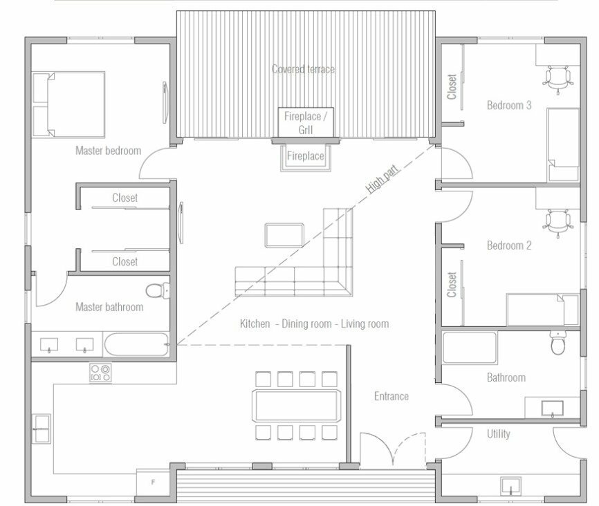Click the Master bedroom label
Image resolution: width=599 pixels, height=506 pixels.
[108, 151]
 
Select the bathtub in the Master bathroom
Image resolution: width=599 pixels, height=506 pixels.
[136, 344]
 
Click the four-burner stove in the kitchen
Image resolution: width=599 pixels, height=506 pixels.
[100, 373]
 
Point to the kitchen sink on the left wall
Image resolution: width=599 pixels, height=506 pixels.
[42, 429]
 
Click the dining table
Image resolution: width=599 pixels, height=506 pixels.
[296, 405]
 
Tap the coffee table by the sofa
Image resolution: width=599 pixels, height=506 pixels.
[284, 236]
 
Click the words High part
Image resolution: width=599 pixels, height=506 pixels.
[382, 179]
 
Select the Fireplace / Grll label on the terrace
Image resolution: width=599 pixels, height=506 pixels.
[306, 122]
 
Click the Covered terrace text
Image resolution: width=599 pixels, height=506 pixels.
[303, 69]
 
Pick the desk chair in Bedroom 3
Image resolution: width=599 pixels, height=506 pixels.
[557, 79]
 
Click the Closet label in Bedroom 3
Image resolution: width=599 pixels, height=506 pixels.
[452, 86]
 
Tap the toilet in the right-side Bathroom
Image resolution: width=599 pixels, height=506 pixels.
[558, 343]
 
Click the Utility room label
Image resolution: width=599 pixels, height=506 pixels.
[499, 434]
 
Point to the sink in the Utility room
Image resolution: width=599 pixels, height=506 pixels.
[510, 486]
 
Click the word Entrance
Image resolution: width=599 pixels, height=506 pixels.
[391, 396]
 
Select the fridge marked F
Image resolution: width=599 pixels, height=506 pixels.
[153, 482]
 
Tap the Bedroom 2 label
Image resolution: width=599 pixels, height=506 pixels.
[509, 245]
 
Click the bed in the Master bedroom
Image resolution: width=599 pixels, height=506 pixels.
[68, 104]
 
